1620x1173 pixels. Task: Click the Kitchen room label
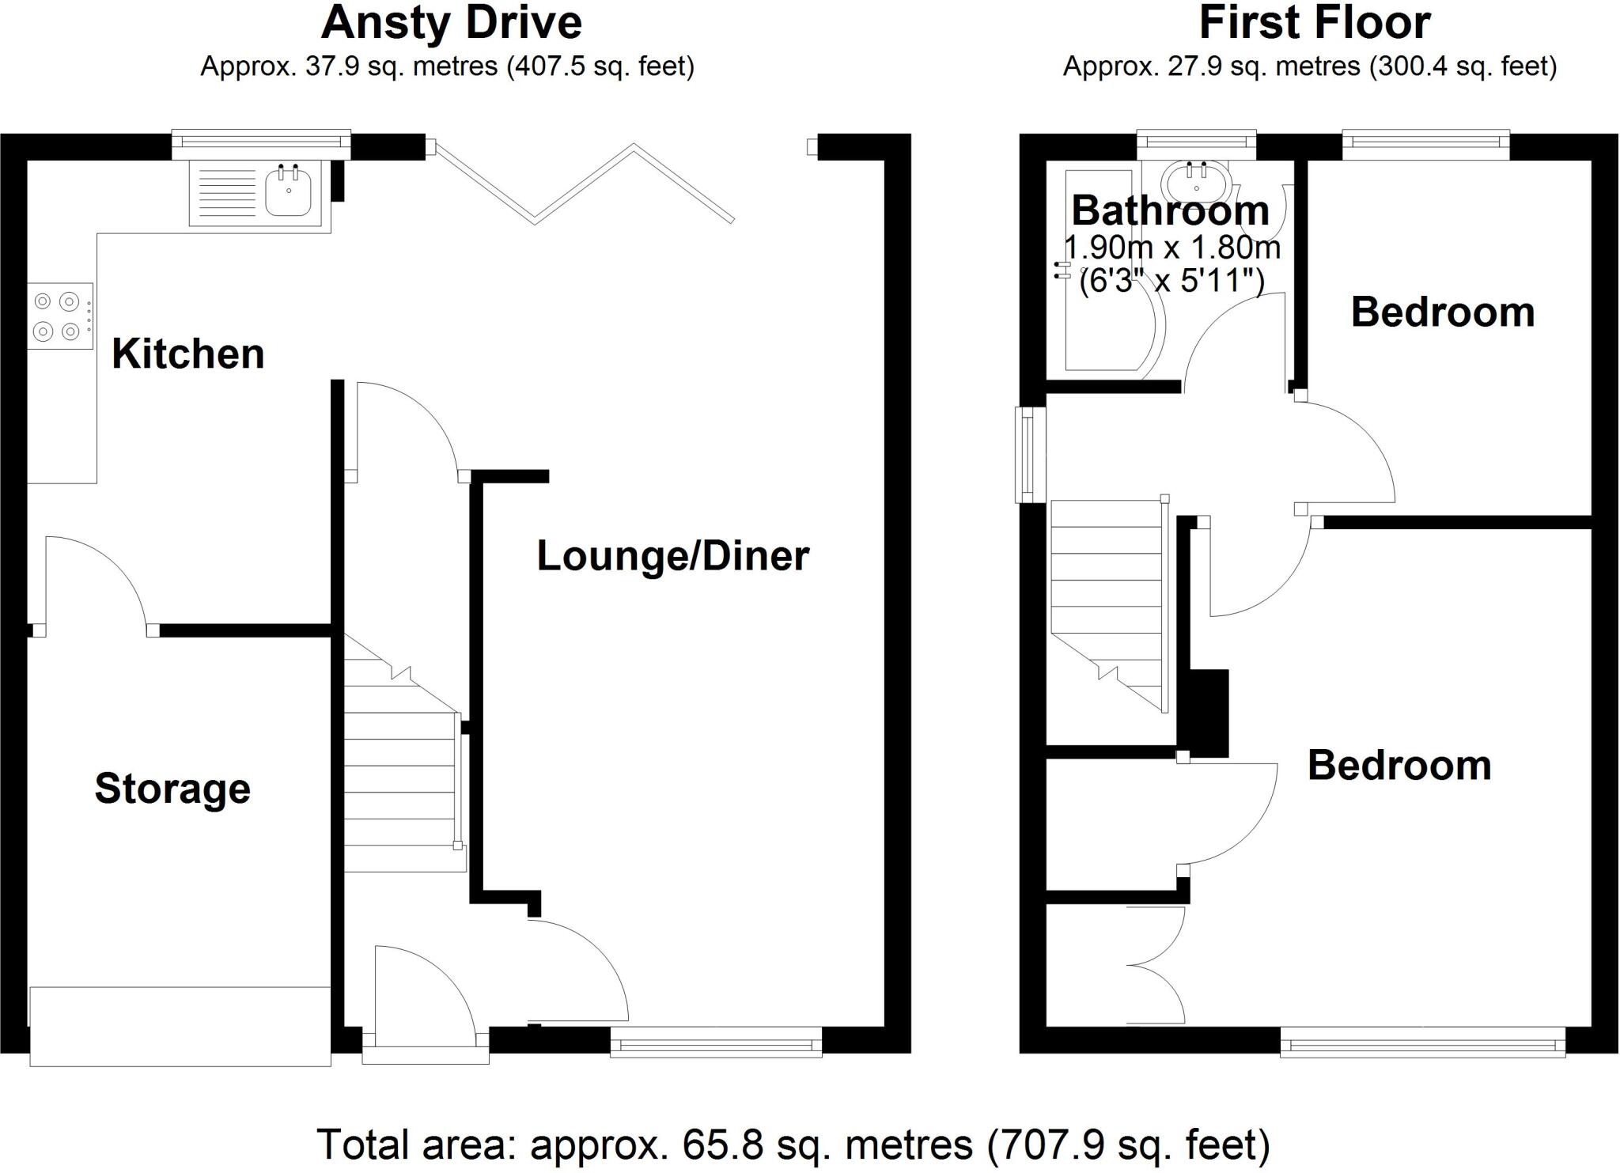[187, 354]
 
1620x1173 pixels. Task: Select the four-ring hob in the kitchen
[59, 316]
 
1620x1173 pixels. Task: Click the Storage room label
[172, 789]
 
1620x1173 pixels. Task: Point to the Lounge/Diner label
[672, 556]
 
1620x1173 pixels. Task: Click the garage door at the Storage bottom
[180, 1026]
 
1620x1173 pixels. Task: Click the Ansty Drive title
[451, 23]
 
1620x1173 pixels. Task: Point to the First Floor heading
[1314, 23]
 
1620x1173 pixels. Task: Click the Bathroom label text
[1170, 211]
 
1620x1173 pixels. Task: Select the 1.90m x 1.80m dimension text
[1171, 248]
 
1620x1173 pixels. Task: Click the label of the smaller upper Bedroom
[1442, 312]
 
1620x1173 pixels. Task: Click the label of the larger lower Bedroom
[1399, 766]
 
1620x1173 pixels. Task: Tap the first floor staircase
[1107, 601]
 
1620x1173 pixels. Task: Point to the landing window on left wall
[1029, 455]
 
